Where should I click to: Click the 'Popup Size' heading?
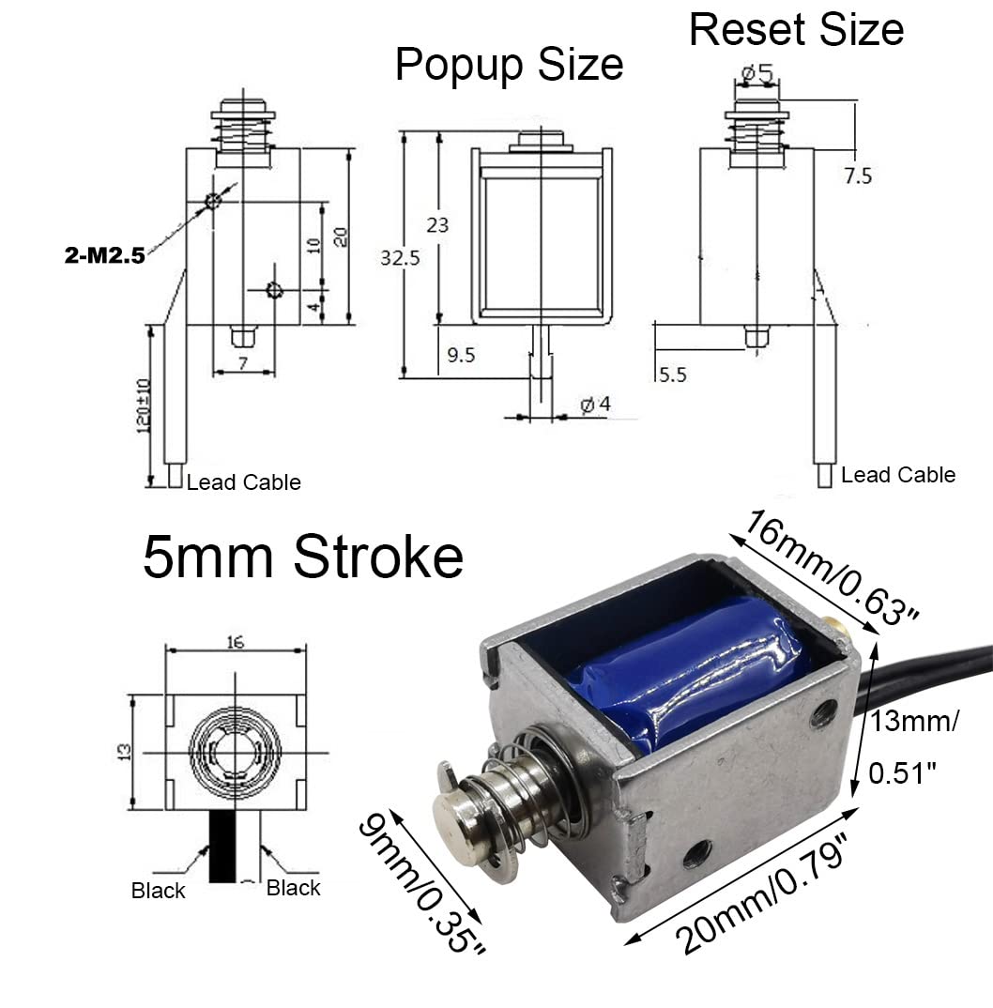click(x=509, y=66)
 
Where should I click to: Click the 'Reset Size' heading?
click(x=796, y=29)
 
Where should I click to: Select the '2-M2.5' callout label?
click(x=103, y=254)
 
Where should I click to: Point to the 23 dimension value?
click(x=437, y=225)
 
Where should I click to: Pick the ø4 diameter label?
click(x=595, y=405)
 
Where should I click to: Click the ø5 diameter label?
click(x=756, y=72)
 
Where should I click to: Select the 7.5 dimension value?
click(x=858, y=176)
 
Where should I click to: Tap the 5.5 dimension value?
click(x=672, y=374)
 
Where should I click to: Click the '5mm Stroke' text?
click(x=302, y=557)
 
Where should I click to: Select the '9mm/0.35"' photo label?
click(x=422, y=882)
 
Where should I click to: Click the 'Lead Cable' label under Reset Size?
click(x=897, y=475)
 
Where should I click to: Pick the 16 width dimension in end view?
click(x=236, y=641)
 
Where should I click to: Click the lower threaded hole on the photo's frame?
click(x=696, y=854)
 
